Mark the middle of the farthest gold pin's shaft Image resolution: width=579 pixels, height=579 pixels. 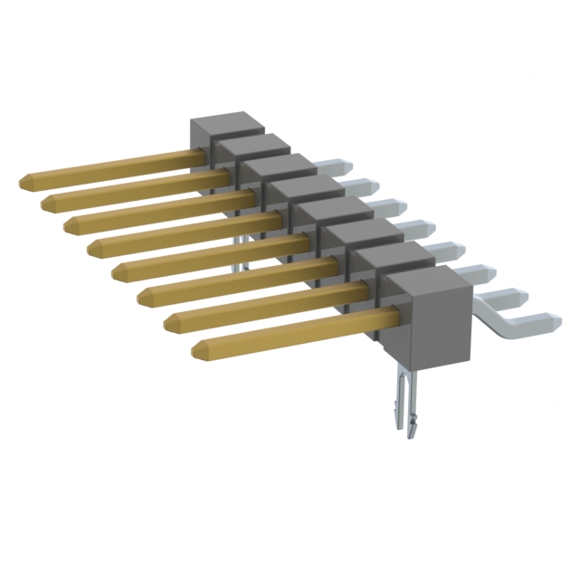coord(113,168)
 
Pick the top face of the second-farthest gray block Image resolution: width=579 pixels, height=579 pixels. coord(246,146)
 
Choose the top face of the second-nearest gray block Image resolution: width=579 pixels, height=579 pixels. coord(389,260)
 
